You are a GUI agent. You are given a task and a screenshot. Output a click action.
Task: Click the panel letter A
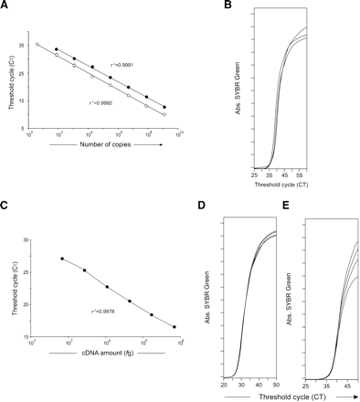pos(6,6)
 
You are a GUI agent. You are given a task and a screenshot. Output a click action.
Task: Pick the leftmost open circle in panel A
pos(37,44)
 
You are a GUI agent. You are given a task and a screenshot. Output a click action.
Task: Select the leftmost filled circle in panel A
pos(57,49)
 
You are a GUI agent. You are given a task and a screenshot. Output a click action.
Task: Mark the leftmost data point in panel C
pos(61,259)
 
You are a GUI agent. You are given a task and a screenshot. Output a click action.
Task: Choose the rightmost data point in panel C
pos(174,326)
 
